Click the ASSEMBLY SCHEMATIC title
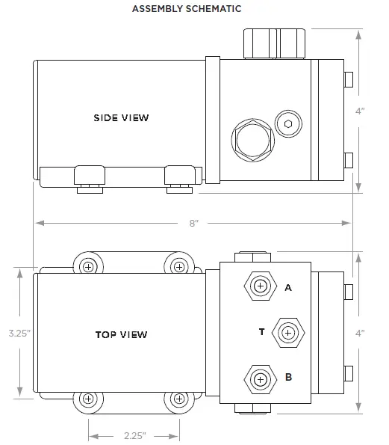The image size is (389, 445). coord(187,9)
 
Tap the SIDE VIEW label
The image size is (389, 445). coord(121,117)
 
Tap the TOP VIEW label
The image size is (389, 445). coord(121,334)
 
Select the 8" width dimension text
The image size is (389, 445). coord(194,224)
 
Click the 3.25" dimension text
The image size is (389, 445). coord(18,334)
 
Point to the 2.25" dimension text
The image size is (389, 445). coord(134,434)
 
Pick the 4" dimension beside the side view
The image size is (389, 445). coord(360,111)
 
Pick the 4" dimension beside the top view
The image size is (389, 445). coord(360,334)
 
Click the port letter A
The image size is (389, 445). coord(288,286)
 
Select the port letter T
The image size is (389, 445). coord(261,331)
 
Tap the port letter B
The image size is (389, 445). coord(288,378)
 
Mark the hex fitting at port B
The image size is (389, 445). coord(260,379)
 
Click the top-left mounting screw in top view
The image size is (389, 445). coord(89,267)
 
